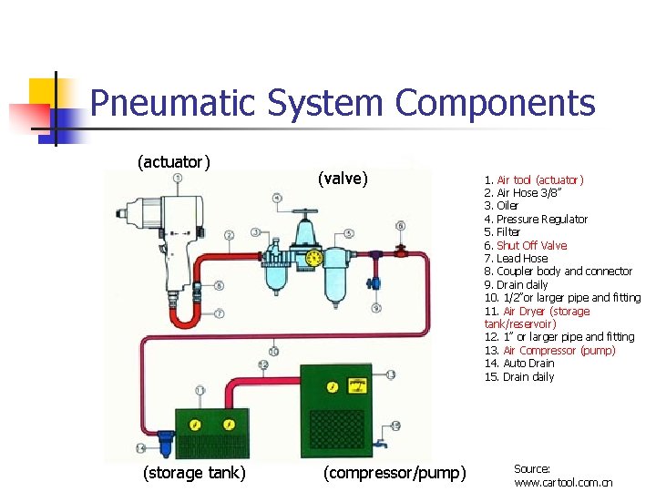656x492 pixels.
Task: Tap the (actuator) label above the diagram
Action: pos(173,162)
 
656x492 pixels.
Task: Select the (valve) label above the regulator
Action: pos(343,179)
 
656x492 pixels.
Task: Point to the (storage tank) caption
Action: pos(194,472)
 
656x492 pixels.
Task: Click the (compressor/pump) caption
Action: pos(395,472)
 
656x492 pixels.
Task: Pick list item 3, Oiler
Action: pos(502,206)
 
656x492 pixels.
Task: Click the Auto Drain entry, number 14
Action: pos(518,364)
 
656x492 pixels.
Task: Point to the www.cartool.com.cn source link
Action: pos(563,482)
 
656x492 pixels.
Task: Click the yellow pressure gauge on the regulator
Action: pos(315,259)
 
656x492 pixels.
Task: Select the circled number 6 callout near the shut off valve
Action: pos(400,226)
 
